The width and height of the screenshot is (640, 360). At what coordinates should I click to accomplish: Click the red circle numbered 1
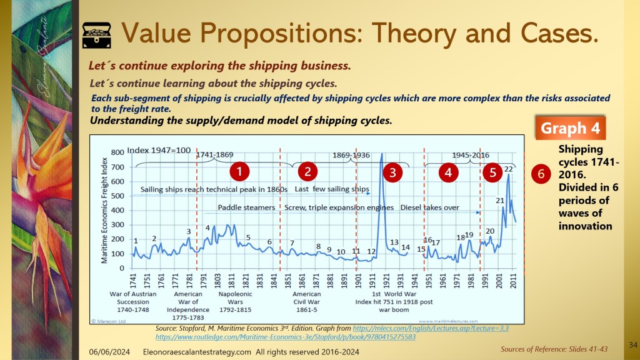coord(238,171)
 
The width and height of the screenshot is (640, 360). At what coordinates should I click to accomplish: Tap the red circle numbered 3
coord(392,172)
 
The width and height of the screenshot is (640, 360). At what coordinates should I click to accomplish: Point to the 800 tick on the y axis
coord(117,152)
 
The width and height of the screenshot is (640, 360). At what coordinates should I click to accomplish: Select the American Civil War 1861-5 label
coord(307,301)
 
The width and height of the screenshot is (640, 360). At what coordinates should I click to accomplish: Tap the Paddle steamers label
coord(247,207)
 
